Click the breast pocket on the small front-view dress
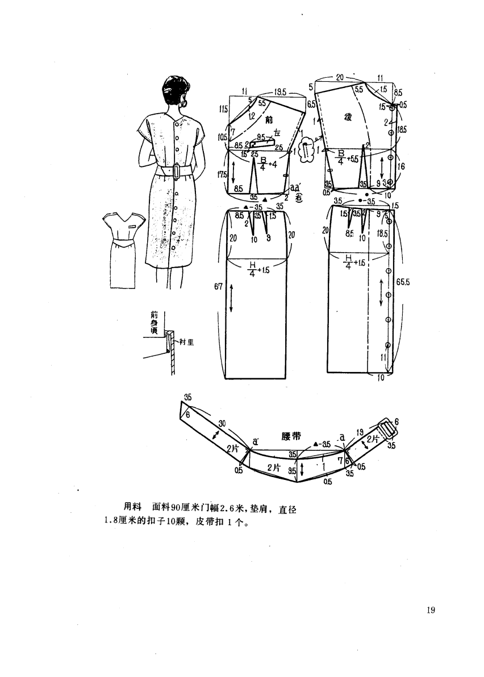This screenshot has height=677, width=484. point(132,227)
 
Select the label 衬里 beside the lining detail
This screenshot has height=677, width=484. point(187,341)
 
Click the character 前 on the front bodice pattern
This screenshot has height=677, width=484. point(269,120)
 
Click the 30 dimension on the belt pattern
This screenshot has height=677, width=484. point(222,423)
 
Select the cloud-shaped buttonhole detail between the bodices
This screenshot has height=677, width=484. point(306,151)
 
